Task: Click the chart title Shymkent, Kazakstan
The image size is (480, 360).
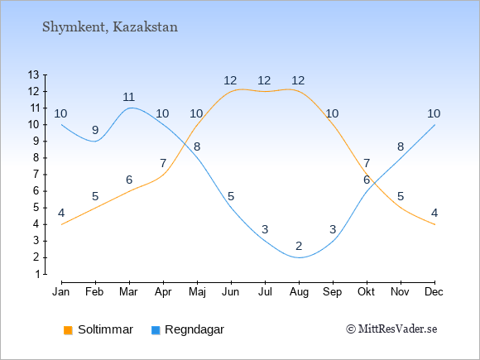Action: click(110, 27)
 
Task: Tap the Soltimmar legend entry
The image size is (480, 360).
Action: click(98, 329)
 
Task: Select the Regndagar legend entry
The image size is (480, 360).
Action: click(188, 329)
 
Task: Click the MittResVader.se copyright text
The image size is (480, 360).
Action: click(391, 329)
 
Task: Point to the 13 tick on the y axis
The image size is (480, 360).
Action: click(34, 74)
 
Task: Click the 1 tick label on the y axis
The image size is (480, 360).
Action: click(37, 274)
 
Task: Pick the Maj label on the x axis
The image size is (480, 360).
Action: click(197, 292)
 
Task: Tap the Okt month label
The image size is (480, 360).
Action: click(366, 292)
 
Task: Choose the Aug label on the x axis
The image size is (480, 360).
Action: click(299, 292)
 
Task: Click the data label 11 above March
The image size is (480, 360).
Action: click(129, 98)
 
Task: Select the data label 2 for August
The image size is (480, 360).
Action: click(299, 246)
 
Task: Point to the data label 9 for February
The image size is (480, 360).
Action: click(95, 131)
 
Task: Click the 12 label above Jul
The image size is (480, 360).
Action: click(264, 81)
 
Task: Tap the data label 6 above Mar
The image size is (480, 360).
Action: click(129, 180)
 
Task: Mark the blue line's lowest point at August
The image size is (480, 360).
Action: click(299, 257)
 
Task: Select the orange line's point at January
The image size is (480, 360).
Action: click(62, 225)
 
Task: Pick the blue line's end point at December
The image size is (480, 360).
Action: click(434, 125)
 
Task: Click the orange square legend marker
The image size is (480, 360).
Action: click(68, 330)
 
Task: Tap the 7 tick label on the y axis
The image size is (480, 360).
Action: click(37, 175)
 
